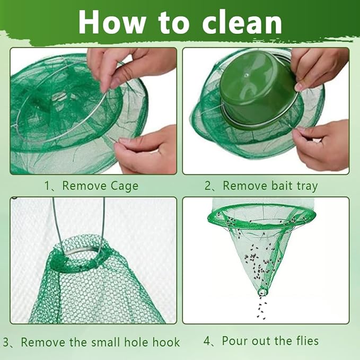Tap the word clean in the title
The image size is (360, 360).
(242, 22)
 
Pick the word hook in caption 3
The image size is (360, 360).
(166, 342)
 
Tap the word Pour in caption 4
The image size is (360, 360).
(235, 341)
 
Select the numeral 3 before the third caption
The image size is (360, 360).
(6, 342)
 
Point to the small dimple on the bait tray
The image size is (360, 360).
(247, 75)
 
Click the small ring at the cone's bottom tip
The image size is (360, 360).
(262, 292)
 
